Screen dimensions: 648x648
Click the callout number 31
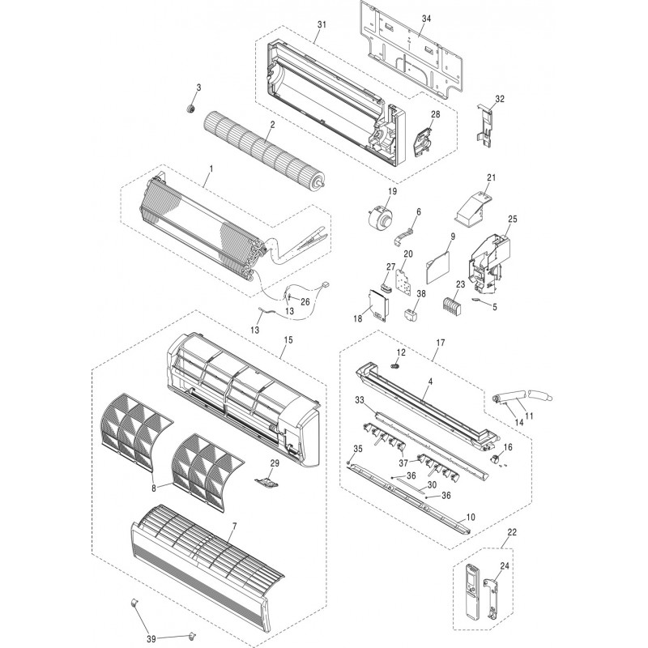pos(321,26)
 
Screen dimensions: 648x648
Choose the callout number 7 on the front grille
pos(233,526)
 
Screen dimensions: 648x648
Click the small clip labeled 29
pos(268,480)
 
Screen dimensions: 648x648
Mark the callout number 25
pos(512,219)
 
